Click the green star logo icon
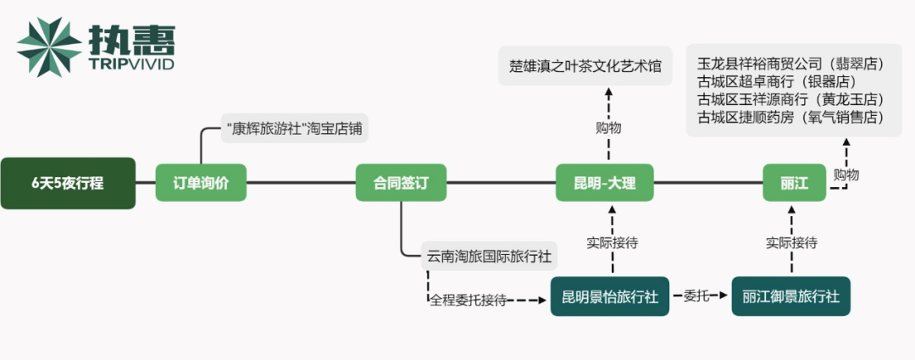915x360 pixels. [50, 47]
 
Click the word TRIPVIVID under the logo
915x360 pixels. [131, 64]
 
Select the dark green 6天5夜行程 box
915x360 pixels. [68, 182]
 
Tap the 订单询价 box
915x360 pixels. [200, 182]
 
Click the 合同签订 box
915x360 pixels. [401, 182]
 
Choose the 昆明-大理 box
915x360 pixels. [605, 182]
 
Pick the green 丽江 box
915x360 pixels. [794, 182]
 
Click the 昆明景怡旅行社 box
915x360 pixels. [610, 296]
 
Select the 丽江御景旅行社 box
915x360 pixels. [790, 296]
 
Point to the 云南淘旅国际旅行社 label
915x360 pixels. [490, 255]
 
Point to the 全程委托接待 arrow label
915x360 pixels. [468, 299]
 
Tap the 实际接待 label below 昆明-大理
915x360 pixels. [612, 242]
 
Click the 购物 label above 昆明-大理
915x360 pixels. [608, 128]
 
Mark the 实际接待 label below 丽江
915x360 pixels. [791, 242]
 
